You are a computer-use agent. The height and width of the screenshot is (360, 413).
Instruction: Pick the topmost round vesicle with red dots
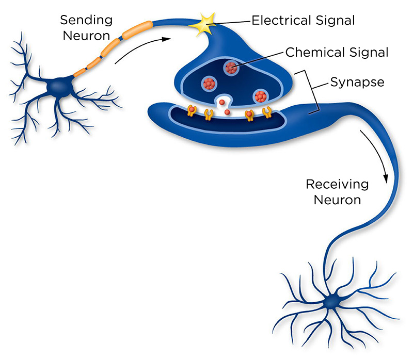tap(231, 67)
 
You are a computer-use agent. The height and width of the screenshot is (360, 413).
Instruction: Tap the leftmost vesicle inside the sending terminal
tap(209, 82)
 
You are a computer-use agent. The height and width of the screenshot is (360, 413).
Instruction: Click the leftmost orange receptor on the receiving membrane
tap(192, 110)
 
